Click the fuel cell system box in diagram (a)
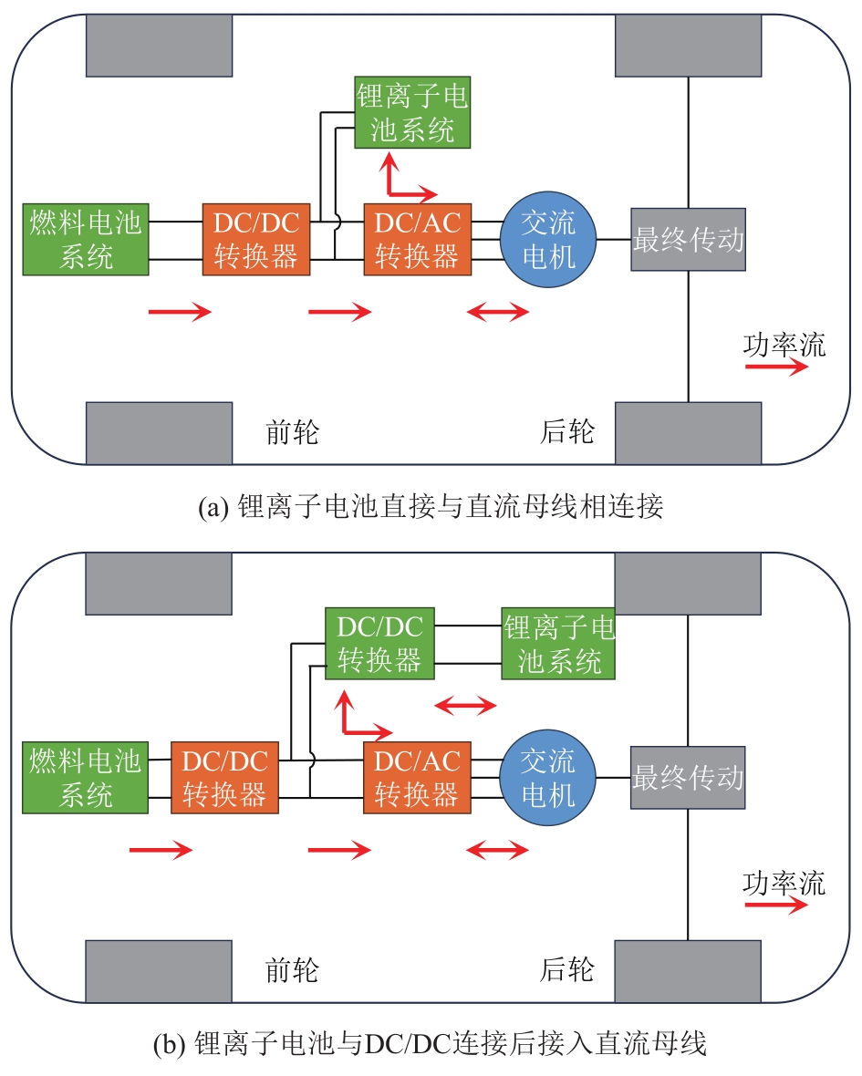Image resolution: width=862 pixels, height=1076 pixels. [x=86, y=239]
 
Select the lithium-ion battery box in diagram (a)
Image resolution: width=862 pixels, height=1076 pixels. [x=412, y=112]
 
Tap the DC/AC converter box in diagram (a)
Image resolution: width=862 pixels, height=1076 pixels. [x=416, y=239]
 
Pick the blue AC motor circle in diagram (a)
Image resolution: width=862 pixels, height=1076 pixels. [x=547, y=239]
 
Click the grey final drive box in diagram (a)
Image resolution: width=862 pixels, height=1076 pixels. [x=688, y=239]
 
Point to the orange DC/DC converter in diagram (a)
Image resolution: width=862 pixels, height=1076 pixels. [x=256, y=239]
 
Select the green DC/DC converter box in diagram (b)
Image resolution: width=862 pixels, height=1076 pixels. [x=379, y=644]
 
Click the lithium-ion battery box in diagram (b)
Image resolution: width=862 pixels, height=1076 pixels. [x=558, y=644]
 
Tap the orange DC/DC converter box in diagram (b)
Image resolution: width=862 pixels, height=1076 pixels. [x=223, y=778]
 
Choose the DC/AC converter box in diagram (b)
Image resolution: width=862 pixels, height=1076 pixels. [x=416, y=778]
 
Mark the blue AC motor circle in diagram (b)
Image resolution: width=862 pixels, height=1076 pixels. [x=547, y=778]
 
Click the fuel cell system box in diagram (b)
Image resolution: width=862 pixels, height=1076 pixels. [x=86, y=778]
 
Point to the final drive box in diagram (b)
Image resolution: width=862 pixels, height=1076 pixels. [x=688, y=778]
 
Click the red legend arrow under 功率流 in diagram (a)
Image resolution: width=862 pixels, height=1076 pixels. [x=776, y=367]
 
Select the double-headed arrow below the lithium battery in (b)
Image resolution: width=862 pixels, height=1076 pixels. [x=464, y=705]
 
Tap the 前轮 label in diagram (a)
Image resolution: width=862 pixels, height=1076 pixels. [x=292, y=431]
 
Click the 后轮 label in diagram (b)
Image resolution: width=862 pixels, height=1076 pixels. [x=566, y=969]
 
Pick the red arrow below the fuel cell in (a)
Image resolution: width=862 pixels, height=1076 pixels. [x=180, y=313]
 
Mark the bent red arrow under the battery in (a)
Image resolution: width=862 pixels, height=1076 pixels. [x=401, y=182]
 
